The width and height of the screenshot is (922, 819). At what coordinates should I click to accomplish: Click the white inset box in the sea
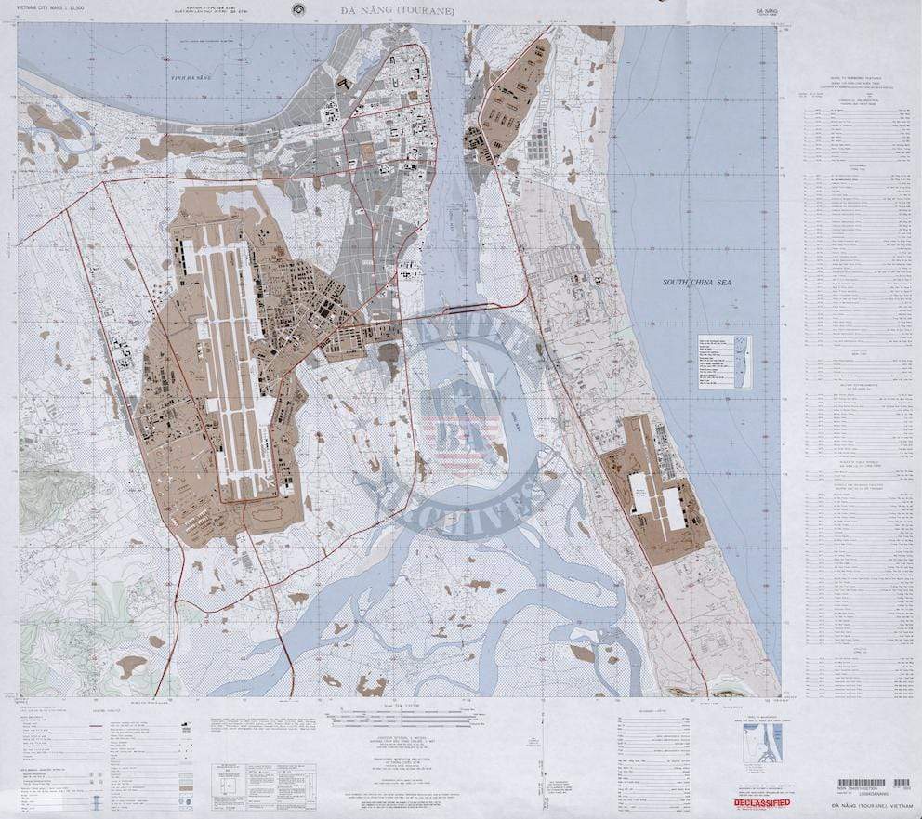point(725,361)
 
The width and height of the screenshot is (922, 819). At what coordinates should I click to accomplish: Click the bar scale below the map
point(390,714)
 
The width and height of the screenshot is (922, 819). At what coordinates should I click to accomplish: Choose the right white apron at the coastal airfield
point(674,509)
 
